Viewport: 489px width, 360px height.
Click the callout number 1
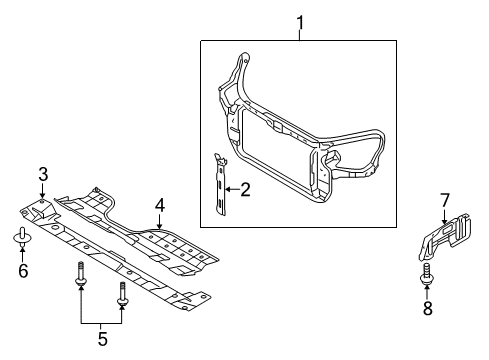click(299, 18)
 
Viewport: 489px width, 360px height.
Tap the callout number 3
click(43, 176)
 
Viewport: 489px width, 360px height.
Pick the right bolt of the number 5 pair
click(122, 291)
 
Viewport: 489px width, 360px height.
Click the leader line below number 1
click(299, 33)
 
